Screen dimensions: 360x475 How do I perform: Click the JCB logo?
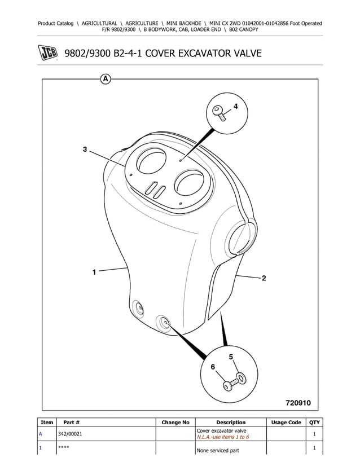click(48, 53)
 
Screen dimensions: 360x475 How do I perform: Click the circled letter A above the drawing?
click(105, 80)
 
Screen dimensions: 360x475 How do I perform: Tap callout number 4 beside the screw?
click(235, 107)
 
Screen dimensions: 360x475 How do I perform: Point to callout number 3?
click(85, 149)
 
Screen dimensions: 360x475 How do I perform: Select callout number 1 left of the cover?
click(94, 272)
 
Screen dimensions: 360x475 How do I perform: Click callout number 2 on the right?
click(264, 278)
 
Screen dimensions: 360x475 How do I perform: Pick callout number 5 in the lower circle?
click(231, 357)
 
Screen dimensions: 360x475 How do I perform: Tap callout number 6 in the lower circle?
click(213, 367)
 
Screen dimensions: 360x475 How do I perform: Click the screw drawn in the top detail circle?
click(219, 113)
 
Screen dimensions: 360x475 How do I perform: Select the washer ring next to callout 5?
click(241, 378)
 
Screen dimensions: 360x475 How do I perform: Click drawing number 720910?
click(298, 403)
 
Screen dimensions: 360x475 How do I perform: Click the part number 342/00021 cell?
click(70, 434)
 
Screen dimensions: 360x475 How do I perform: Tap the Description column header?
click(231, 423)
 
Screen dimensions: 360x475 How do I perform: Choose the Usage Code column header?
click(286, 423)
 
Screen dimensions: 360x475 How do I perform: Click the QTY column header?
click(314, 423)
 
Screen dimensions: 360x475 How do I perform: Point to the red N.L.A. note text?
click(223, 437)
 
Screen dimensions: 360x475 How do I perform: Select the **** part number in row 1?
click(63, 447)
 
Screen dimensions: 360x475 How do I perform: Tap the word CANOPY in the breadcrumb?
click(248, 29)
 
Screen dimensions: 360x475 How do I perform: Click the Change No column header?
click(175, 423)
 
